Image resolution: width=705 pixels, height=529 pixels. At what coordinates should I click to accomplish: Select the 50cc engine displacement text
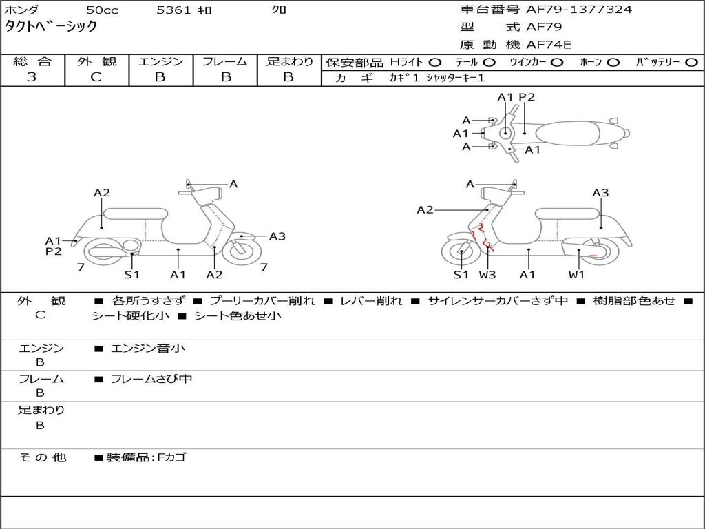click(x=101, y=10)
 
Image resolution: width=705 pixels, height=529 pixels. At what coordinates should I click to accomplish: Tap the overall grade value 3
click(x=32, y=77)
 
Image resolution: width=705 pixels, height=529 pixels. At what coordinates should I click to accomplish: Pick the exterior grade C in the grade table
click(x=96, y=77)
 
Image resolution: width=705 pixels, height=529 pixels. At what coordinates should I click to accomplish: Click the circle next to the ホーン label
click(x=613, y=63)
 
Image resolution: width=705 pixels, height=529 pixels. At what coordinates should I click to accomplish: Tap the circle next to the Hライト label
click(x=435, y=63)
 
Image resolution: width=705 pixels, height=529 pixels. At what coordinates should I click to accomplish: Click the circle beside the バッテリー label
click(x=691, y=63)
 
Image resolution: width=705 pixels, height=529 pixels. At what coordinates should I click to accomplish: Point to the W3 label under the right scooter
click(x=487, y=275)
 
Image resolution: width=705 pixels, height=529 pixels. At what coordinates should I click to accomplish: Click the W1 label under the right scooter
click(x=576, y=275)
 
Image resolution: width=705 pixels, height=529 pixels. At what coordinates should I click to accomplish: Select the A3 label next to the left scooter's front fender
click(x=277, y=236)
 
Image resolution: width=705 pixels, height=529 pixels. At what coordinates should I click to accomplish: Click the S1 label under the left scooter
click(x=131, y=275)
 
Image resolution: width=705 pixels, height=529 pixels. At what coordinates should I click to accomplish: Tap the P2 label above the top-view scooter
click(x=527, y=97)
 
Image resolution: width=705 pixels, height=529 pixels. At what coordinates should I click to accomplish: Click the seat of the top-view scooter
click(x=571, y=132)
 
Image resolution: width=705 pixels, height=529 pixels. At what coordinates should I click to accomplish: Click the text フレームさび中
click(x=151, y=379)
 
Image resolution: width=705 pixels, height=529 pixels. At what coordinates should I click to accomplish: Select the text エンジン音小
click(x=147, y=349)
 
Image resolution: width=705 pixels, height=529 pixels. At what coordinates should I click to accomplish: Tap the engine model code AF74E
click(x=549, y=45)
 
